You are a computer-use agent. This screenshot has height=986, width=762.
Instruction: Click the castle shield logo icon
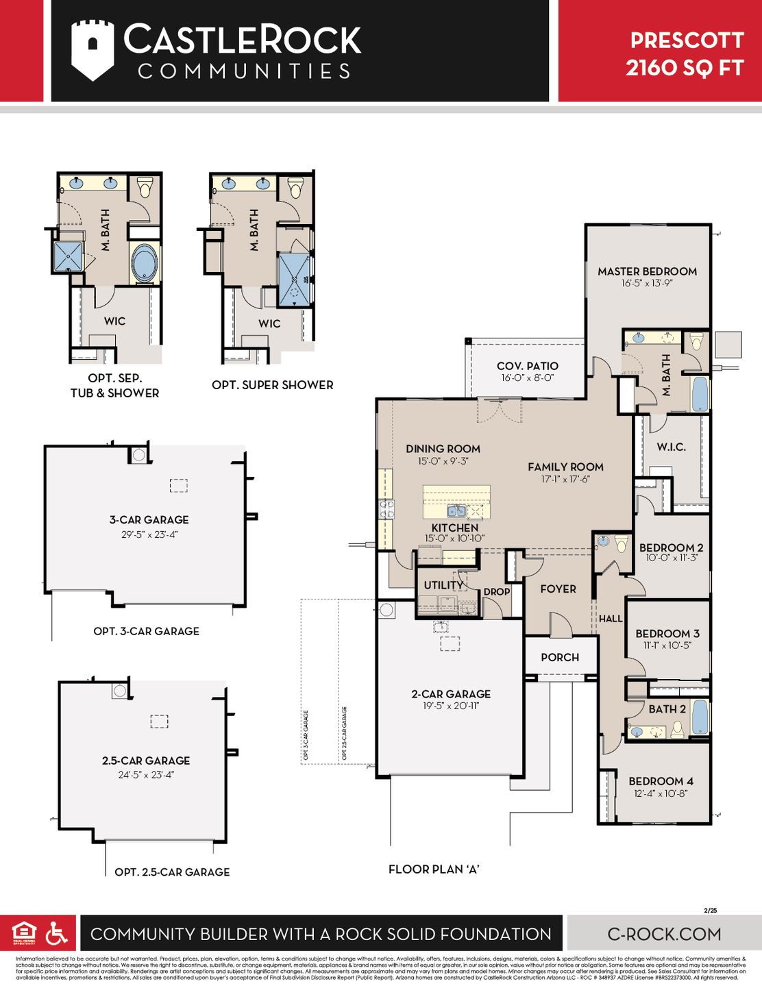pos(93,50)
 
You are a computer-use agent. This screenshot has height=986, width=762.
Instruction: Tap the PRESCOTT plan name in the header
pos(687,40)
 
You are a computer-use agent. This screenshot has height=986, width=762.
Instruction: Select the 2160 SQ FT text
pos(685,69)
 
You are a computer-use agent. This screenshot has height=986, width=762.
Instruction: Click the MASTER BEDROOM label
pos(647,271)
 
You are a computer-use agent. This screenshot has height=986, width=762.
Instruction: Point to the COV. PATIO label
pos(527,366)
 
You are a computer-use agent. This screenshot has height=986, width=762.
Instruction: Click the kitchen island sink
pos(456,510)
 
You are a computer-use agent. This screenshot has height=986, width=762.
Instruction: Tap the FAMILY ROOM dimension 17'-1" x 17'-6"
pos(565,480)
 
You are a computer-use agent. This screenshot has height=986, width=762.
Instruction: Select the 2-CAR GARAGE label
pos(450,694)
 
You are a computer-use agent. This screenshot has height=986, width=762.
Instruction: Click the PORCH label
pos(560,657)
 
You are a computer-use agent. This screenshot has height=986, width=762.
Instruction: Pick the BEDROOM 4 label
pos(661,781)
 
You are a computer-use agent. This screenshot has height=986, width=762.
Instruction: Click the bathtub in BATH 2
pos(700,717)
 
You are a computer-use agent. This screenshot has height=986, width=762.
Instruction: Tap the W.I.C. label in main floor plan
pos(671,447)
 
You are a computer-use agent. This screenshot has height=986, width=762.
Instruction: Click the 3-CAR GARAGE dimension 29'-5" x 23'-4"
pos(149,534)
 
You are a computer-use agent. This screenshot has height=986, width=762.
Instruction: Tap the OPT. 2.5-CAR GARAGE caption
pos(172,872)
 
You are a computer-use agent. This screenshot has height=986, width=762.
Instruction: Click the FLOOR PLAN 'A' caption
pos(434,869)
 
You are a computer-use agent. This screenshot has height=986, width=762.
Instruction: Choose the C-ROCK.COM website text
pos(664,934)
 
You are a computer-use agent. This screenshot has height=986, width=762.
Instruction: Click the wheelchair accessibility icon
pos(56,933)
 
